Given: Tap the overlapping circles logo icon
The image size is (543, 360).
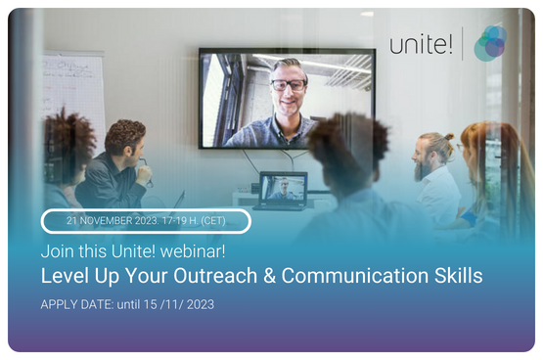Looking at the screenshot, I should point(490,43).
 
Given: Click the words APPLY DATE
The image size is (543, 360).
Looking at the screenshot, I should point(74,304).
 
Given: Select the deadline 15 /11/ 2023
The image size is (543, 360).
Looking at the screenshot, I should point(178,304).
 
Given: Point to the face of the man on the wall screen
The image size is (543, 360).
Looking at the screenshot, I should point(289,83).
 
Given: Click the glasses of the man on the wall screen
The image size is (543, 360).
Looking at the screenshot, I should point(289,84).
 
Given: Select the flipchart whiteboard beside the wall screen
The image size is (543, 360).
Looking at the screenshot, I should point(73,93).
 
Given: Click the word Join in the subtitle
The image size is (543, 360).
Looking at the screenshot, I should point(56,252).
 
